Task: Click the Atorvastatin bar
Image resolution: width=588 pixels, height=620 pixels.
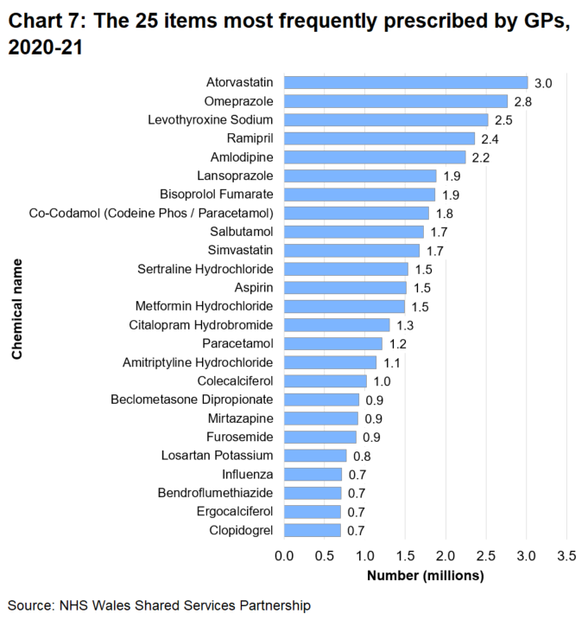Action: (405, 83)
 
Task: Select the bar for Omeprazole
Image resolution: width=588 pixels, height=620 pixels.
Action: (395, 101)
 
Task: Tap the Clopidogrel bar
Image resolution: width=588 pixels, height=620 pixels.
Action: (312, 530)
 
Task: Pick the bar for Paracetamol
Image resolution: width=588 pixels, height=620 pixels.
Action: (332, 343)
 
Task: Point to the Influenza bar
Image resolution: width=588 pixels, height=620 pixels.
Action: (312, 474)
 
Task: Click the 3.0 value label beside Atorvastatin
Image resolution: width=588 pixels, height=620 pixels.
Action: (543, 83)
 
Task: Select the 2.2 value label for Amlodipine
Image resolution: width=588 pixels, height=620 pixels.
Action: (481, 157)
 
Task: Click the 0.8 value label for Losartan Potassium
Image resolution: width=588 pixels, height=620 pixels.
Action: (362, 456)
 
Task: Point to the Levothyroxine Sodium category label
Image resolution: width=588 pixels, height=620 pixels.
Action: (211, 119)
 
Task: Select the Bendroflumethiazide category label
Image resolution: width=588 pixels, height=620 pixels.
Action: (215, 493)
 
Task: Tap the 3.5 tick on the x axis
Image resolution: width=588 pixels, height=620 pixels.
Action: (566, 554)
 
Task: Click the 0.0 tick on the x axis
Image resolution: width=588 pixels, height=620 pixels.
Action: (284, 554)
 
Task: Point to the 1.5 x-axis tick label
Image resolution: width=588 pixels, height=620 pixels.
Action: (405, 554)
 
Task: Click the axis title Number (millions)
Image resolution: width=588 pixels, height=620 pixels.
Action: (425, 575)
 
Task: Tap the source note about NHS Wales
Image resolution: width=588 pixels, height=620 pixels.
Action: (159, 605)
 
